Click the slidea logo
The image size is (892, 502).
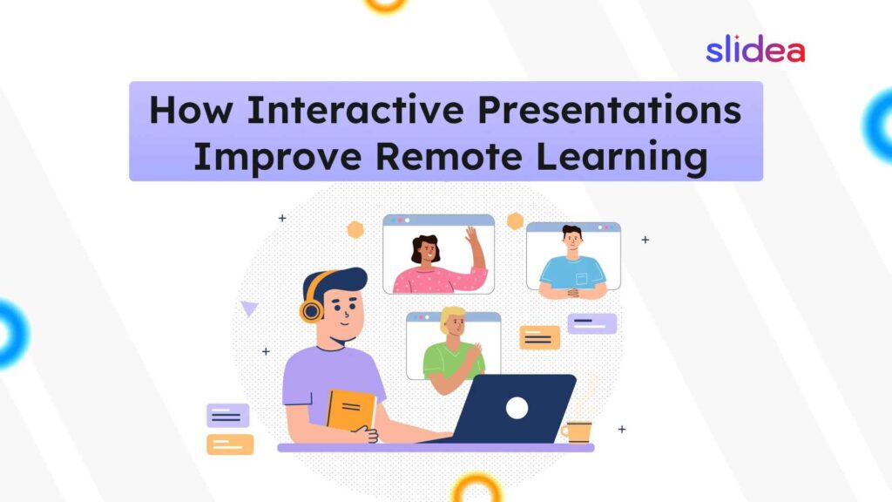pos(754,50)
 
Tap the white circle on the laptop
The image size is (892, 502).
pos(517,407)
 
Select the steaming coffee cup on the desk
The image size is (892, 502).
pos(577,431)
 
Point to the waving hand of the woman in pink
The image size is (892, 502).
pos(473,237)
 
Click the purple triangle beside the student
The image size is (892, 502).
pos(249,308)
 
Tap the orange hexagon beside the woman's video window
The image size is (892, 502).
pos(355,229)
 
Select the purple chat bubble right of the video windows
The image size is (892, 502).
pos(591,323)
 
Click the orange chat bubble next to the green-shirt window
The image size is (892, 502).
pos(540,337)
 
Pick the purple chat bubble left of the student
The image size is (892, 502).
pos(228,416)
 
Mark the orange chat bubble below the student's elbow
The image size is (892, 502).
pos(230,444)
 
